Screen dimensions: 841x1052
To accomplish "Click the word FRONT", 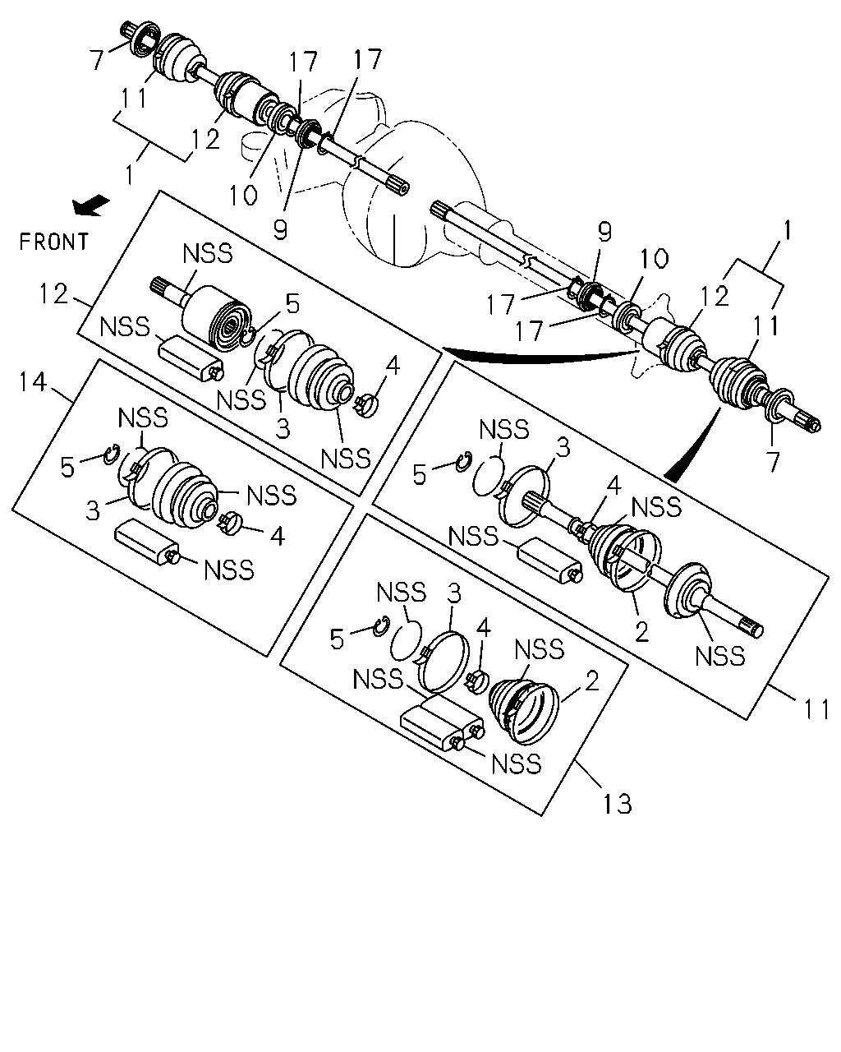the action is tap(53, 242).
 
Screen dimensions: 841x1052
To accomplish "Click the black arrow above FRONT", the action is tap(90, 205).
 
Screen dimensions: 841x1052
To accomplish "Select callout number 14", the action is tap(33, 382).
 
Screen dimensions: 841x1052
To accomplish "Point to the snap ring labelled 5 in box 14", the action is tap(112, 453).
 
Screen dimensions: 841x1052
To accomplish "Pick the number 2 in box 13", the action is tap(592, 681).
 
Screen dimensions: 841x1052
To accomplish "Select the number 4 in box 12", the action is tap(393, 366).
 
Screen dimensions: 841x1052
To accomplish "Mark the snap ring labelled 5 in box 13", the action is tap(382, 626).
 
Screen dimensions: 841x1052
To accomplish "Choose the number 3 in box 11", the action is tap(563, 447).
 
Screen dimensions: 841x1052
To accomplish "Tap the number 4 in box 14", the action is tap(277, 536).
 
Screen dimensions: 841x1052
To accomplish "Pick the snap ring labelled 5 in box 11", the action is tap(464, 461).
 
